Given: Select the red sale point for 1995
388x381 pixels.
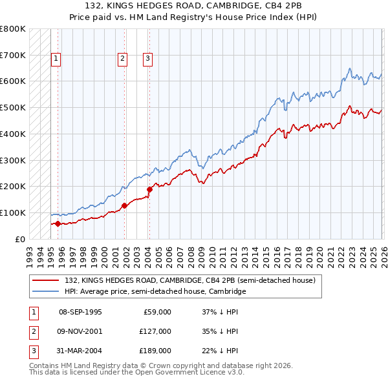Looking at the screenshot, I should click(x=58, y=223).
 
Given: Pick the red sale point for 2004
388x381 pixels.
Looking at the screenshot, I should click(x=149, y=189).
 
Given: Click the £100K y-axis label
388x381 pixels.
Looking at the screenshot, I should click(x=13, y=212).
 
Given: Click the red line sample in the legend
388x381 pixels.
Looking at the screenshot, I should click(x=46, y=281).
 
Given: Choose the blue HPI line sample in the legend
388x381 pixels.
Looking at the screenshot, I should click(x=46, y=292).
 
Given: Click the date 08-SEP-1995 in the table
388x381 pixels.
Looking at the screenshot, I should click(x=80, y=313).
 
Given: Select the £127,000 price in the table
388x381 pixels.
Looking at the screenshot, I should click(x=155, y=331).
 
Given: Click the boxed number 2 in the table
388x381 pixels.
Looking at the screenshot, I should click(x=34, y=331).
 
